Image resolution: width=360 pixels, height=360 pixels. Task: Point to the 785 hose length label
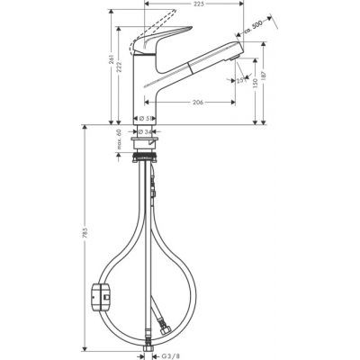(86, 238)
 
